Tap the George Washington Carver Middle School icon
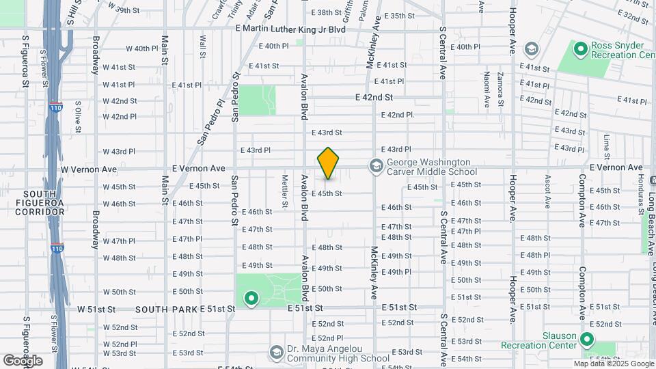point(375,165)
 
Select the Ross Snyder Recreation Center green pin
point(581,49)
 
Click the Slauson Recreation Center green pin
point(587,340)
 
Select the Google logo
point(23,361)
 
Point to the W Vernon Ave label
point(85,168)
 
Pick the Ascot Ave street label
point(547,191)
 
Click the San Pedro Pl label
point(212,123)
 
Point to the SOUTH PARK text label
point(166,310)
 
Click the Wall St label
point(203,46)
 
